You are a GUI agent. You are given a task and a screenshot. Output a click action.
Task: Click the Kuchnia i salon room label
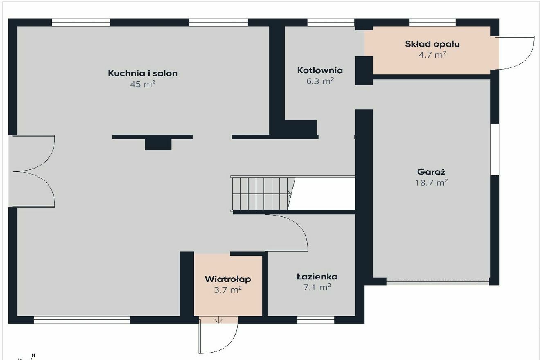pyautogui.click(x=143, y=73)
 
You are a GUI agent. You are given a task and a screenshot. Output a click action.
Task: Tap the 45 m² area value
pyautogui.click(x=143, y=84)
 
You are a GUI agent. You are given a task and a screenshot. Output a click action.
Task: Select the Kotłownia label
pyautogui.click(x=320, y=70)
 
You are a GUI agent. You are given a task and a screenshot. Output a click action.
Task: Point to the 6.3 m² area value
pyautogui.click(x=320, y=81)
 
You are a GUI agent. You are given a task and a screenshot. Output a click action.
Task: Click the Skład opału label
pyautogui.click(x=432, y=44)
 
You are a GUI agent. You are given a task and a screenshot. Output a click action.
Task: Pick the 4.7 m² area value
pyautogui.click(x=432, y=55)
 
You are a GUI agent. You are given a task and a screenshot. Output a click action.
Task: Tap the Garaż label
pyautogui.click(x=431, y=172)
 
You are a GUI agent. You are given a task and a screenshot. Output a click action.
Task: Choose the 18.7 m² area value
pyautogui.click(x=431, y=183)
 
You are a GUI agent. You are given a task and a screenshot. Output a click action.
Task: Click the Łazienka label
pyautogui.click(x=317, y=276)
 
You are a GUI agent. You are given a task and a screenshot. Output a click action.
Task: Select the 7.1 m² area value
pyautogui.click(x=317, y=288)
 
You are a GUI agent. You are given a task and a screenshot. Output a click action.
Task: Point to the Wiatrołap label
pyautogui.click(x=228, y=279)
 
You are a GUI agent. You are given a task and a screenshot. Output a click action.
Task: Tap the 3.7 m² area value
pyautogui.click(x=228, y=290)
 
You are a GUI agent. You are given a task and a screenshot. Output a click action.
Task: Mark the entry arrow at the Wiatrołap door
pyautogui.click(x=218, y=320)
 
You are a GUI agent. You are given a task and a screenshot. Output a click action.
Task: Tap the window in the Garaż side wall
pyautogui.click(x=495, y=150)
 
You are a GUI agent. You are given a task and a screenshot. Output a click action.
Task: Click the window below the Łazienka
pyautogui.click(x=316, y=320)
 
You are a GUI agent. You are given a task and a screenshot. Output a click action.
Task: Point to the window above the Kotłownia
pyautogui.click(x=331, y=22)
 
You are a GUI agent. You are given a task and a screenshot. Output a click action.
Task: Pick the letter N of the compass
pyautogui.click(x=34, y=355)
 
